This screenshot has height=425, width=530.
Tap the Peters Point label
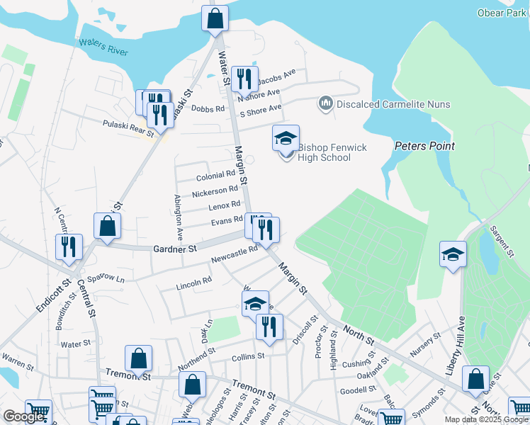[424, 146]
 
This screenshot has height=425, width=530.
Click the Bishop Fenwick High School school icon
[286, 137]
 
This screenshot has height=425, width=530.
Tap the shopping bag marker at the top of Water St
[215, 18]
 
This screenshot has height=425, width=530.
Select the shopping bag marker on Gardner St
[107, 226]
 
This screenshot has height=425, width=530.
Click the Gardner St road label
[175, 249]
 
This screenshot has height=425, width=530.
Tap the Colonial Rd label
[215, 176]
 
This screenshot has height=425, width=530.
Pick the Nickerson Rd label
[215, 191]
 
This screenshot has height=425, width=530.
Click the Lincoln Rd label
[194, 282]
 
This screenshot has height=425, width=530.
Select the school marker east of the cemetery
[453, 254]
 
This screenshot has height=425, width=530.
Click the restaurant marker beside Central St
[69, 246]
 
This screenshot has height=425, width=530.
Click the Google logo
[23, 417]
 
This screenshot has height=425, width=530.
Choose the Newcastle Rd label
[234, 255]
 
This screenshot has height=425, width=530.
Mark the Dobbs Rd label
[208, 109]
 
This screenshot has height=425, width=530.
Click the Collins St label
[248, 356]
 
